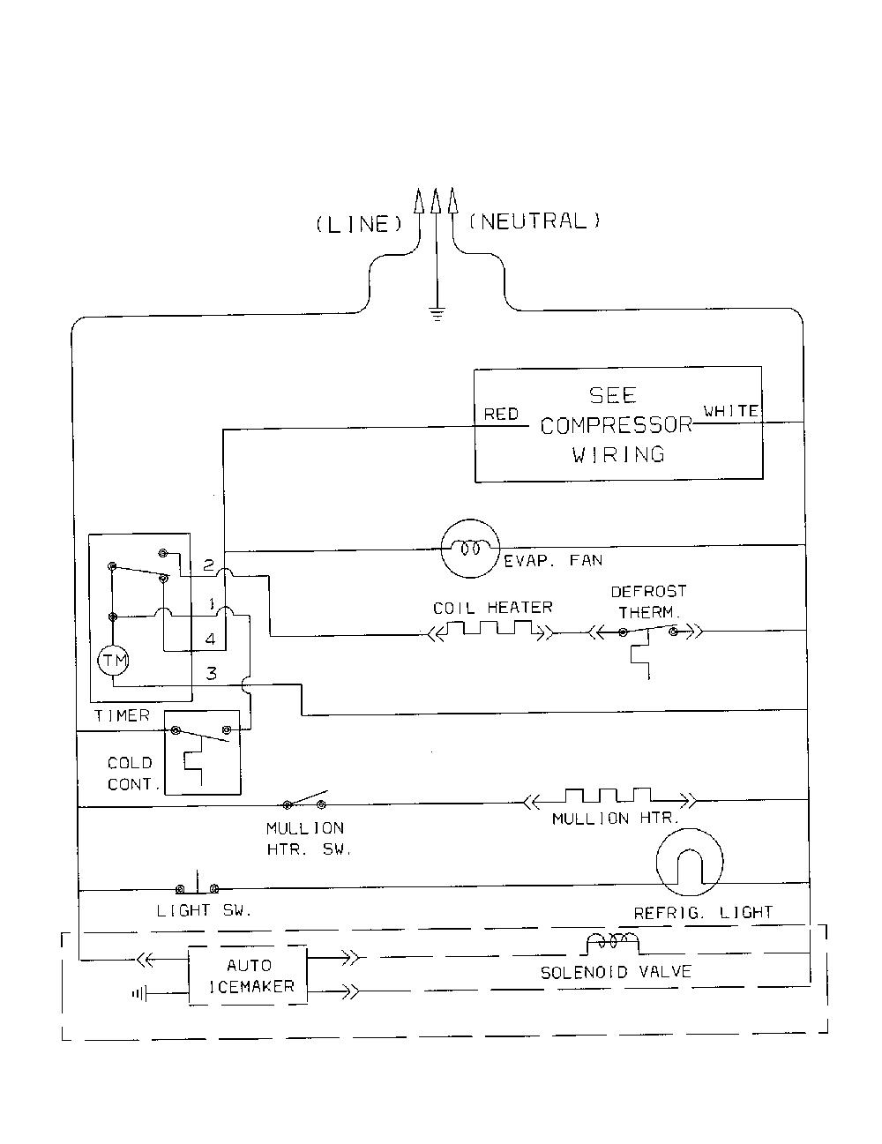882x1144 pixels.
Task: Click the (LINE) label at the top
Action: tap(359, 225)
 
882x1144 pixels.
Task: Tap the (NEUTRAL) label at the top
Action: tap(534, 221)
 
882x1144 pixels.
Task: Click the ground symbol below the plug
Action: tap(437, 314)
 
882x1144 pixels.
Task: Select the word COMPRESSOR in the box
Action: tap(617, 425)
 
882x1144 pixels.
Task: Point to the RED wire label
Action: tap(501, 415)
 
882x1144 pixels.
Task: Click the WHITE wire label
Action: tap(731, 411)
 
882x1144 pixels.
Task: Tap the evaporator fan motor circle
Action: tap(470, 550)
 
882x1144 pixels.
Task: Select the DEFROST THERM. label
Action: tap(649, 602)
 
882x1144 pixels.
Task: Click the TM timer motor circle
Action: tap(114, 660)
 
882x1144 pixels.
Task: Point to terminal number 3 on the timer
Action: tap(211, 673)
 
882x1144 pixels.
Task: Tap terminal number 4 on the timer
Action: tap(210, 639)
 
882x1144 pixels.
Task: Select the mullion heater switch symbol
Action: tap(304, 800)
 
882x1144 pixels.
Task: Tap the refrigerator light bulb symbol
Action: tap(690, 862)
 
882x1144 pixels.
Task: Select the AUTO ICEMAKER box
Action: tap(248, 976)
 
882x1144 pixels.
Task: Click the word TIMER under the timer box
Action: tap(122, 715)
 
